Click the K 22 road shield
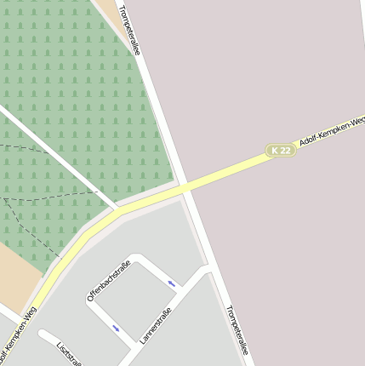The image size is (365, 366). [281, 150]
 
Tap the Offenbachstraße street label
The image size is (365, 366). [108, 280]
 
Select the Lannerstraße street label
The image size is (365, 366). [157, 325]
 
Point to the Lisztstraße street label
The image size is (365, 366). [67, 354]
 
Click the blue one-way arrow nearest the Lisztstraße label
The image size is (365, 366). [116, 328]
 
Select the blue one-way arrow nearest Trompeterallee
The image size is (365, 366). [172, 283]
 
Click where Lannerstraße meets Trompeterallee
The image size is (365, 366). [209, 270]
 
